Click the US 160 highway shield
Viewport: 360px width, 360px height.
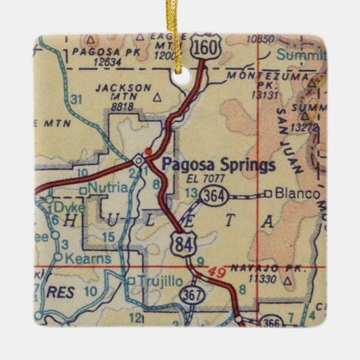point(202,44)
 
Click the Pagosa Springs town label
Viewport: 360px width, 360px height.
point(219,165)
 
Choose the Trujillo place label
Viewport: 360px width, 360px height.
point(154,281)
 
